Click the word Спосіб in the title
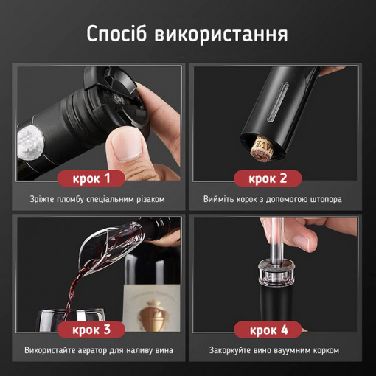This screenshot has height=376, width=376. tap(116, 34)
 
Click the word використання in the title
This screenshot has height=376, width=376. tap(221, 35)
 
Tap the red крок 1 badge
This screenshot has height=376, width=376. tap(91, 178)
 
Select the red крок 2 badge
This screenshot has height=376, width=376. tap(268, 178)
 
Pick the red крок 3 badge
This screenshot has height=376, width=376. tap(91, 330)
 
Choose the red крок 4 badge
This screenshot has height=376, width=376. tap(268, 330)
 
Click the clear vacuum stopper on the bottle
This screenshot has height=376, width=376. tap(276, 274)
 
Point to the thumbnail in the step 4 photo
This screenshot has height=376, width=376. tap(304, 239)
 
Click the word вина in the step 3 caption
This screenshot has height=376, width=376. tap(164, 350)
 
